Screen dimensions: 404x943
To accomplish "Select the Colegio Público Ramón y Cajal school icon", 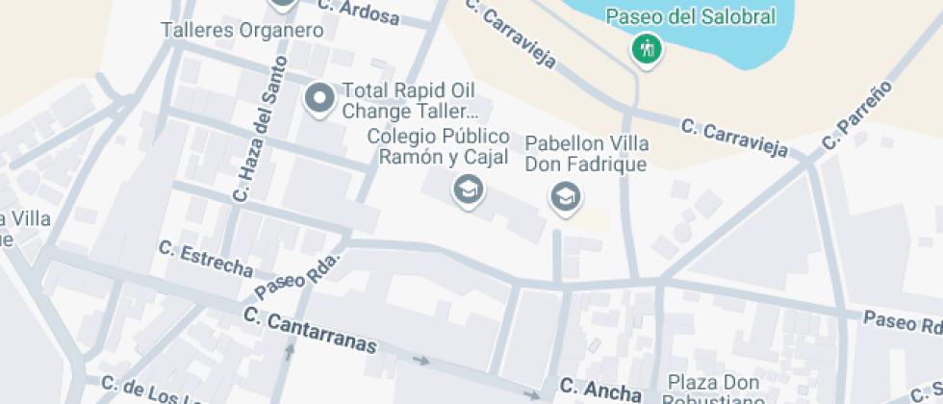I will [x=468, y=190].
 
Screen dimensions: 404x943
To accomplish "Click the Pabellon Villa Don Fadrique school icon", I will [x=564, y=198].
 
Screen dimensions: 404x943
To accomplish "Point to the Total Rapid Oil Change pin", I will [x=319, y=98].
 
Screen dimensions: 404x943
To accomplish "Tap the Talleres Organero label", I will [x=242, y=30].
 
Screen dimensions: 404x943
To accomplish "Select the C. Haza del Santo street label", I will [x=255, y=141].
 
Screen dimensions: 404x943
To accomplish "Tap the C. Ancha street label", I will [x=600, y=390].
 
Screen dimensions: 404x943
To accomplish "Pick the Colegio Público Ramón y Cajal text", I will [x=439, y=146].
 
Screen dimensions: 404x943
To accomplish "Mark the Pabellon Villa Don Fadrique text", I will [x=586, y=154].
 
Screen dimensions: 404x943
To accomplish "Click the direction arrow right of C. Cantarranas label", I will [x=421, y=361].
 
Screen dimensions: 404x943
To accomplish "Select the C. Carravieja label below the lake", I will [x=735, y=138].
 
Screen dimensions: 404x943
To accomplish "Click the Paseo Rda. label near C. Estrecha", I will [x=298, y=277].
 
